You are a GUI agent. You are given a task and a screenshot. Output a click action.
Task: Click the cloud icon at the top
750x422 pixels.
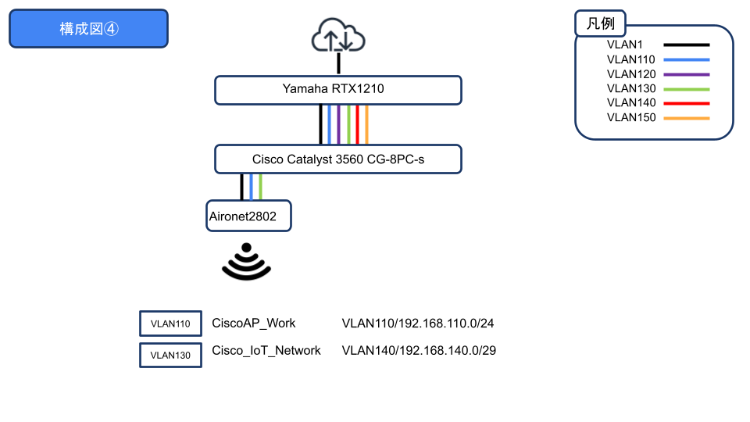338,36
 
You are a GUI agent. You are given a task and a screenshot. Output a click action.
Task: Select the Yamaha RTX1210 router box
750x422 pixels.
338,90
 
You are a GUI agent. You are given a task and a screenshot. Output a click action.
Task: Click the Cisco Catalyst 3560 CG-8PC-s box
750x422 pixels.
338,159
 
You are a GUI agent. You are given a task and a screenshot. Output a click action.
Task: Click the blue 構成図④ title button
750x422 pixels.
88,29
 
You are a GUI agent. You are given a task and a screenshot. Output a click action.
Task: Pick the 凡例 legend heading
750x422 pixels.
600,23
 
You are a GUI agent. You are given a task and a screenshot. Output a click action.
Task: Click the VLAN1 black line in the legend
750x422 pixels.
686,45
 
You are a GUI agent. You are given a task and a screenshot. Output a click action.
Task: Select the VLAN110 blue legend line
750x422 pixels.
686,59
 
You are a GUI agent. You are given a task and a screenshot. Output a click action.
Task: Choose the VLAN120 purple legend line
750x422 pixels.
686,74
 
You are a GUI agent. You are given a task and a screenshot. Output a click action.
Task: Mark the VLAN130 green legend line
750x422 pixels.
686,89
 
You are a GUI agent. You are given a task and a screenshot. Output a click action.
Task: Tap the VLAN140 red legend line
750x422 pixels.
686,103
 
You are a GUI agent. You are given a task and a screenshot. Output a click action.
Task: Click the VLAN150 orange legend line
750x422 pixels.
686,118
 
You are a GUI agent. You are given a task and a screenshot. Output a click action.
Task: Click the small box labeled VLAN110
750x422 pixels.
170,324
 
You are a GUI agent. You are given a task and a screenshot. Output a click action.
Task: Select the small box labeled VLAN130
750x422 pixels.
170,355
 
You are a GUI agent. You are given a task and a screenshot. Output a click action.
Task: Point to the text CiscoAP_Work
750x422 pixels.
254,324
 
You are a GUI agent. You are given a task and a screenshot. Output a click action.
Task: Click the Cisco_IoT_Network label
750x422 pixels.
266,351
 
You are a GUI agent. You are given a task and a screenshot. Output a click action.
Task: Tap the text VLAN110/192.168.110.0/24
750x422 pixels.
419,324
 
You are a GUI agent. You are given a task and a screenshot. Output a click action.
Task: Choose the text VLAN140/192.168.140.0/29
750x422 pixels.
419,351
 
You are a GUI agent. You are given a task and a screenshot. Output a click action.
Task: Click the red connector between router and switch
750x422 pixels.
357,125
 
